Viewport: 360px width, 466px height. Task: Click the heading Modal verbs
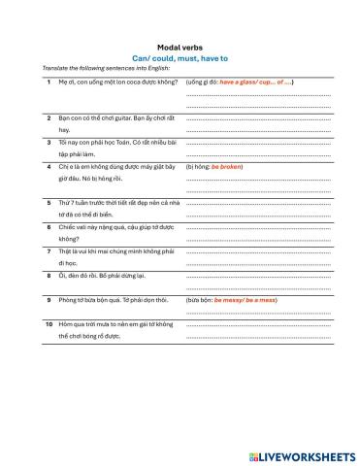180,47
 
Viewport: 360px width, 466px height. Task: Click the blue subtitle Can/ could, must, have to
180,58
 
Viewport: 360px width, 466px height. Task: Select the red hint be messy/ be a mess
247,301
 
